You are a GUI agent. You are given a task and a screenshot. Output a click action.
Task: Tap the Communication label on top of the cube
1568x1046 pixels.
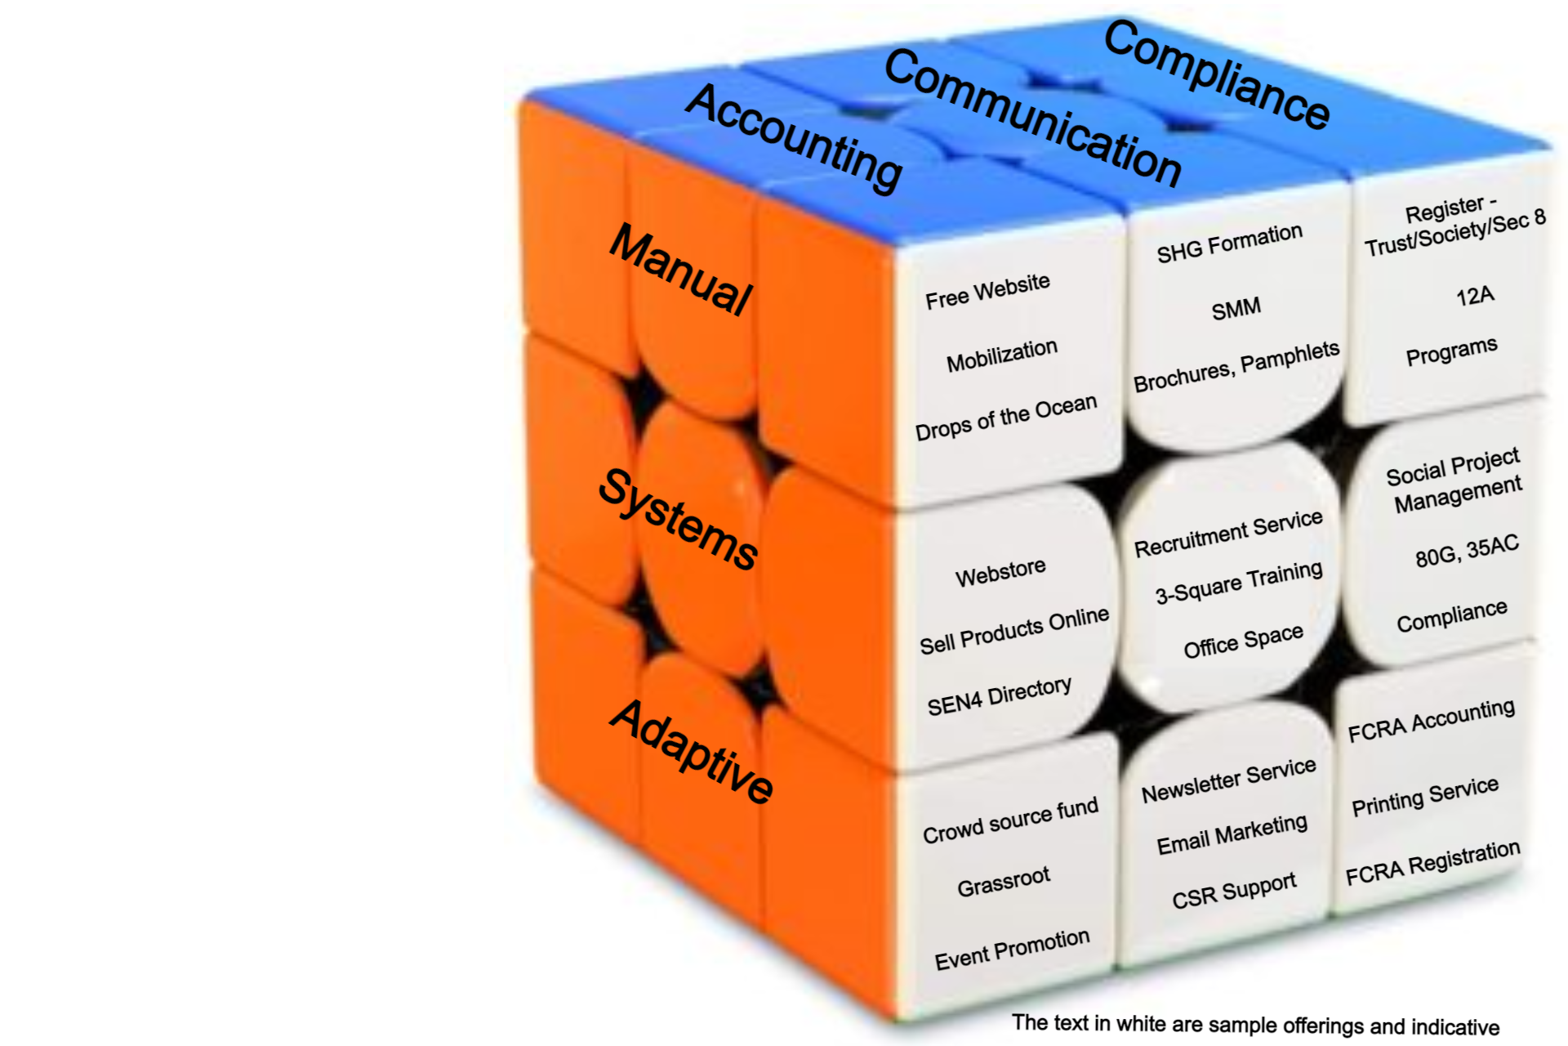tap(1032, 117)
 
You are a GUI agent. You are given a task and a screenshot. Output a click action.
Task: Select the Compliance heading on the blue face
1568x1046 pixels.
tap(1217, 74)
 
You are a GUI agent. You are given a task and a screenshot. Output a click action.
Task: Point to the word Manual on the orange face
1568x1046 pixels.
tap(681, 269)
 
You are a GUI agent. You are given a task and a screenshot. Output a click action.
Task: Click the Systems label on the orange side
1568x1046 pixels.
tap(679, 519)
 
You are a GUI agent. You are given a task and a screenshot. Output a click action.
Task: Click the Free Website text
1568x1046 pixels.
tap(987, 291)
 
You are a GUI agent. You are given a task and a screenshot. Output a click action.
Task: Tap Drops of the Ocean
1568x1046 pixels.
tap(1005, 418)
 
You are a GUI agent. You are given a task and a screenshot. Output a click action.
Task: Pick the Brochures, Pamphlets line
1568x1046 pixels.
tap(1236, 366)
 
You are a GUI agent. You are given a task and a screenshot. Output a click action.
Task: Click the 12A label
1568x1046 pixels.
tap(1475, 295)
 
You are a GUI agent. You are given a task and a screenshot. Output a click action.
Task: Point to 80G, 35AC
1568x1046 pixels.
tap(1467, 551)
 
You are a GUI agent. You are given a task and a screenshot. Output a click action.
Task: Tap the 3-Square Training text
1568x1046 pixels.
tap(1238, 582)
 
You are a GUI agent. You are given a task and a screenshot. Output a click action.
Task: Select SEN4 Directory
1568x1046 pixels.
tap(999, 696)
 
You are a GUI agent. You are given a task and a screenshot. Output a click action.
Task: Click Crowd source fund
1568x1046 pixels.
tap(1010, 820)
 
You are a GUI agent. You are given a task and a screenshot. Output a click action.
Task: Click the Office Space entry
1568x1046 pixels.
tap(1243, 641)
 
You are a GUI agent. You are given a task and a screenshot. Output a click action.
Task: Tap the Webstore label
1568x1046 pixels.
tap(1000, 572)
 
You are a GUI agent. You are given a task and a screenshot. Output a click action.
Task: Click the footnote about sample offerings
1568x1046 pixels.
tap(1255, 1025)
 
